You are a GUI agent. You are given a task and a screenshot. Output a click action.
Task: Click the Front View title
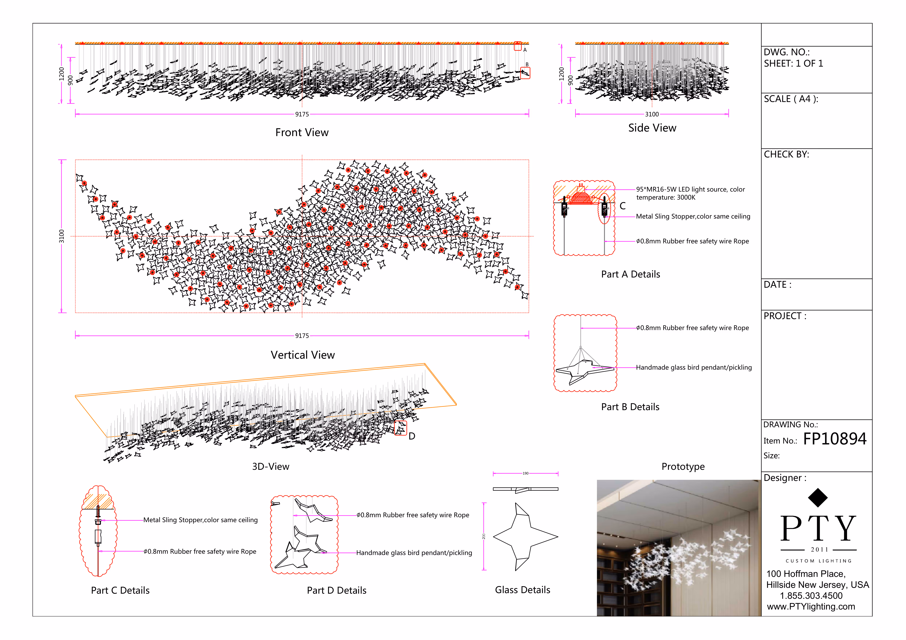302,132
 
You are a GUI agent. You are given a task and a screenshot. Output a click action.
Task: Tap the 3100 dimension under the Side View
652,114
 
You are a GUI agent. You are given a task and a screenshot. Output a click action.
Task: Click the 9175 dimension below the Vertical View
302,336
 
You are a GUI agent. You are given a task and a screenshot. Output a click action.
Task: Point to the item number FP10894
835,439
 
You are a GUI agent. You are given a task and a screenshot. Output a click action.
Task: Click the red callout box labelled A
518,46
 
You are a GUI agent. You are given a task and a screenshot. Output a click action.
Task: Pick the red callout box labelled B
525,73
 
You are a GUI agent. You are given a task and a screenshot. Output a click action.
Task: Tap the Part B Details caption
630,407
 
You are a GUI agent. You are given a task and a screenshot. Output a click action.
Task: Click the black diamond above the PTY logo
818,498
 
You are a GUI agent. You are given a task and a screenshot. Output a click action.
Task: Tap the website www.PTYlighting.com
811,606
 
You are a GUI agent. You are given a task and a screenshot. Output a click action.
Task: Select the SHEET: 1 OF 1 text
793,63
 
